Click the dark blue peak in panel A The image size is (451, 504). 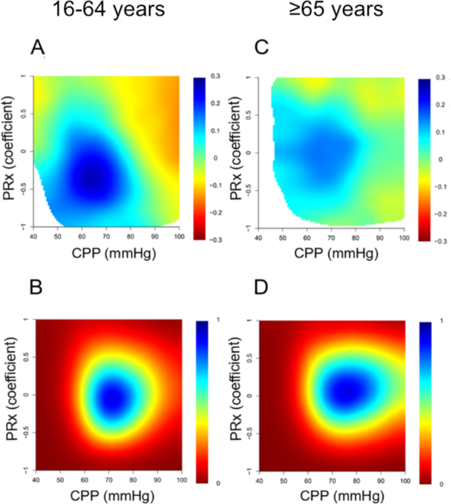(92, 175)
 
